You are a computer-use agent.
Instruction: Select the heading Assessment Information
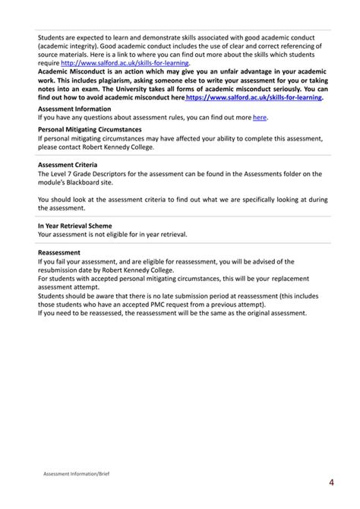point(74,109)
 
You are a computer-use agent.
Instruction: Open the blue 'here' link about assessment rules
point(260,118)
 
